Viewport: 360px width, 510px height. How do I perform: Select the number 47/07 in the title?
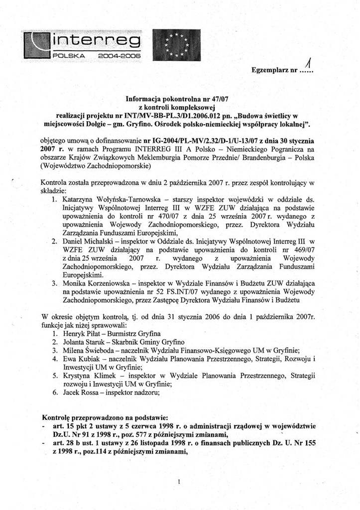218,99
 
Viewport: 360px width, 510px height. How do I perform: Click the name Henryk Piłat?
83,333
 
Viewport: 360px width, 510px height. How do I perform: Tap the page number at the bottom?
178,482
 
